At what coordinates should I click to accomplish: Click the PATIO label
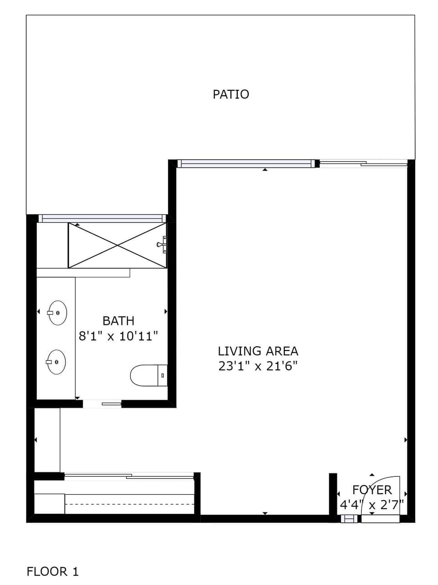click(231, 94)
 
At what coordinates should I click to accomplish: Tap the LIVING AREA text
click(258, 351)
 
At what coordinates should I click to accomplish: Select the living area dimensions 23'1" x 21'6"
click(258, 366)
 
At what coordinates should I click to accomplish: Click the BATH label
click(118, 321)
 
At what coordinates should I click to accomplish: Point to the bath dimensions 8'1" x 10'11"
click(118, 336)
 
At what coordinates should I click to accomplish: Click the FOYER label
click(372, 490)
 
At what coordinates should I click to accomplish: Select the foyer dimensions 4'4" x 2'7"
click(371, 505)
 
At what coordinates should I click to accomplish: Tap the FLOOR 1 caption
click(52, 571)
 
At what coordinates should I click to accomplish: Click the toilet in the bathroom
click(148, 375)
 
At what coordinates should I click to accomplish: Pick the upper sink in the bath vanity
click(57, 313)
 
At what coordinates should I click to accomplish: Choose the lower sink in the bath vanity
click(56, 362)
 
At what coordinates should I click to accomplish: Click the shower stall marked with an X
click(117, 245)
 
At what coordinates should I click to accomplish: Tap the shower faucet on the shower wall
click(162, 245)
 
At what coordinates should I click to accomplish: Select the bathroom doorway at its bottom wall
click(102, 403)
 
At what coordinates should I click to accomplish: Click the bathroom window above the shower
click(100, 218)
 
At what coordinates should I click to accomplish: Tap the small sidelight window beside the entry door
click(349, 518)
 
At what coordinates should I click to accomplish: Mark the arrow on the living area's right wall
click(406, 440)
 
